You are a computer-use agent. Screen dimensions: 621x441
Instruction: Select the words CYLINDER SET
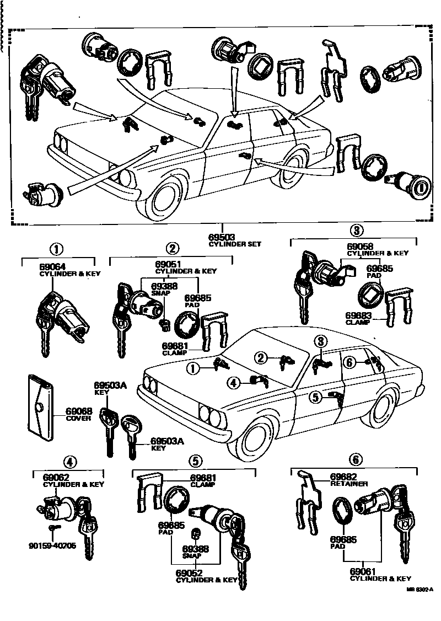235,243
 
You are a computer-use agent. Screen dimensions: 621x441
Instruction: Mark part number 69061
363,572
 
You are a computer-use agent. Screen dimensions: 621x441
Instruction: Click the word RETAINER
349,484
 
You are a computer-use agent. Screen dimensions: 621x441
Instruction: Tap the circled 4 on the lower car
234,381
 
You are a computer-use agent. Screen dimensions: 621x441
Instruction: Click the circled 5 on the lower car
315,396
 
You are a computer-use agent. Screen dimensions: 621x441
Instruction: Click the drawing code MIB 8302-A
421,605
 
